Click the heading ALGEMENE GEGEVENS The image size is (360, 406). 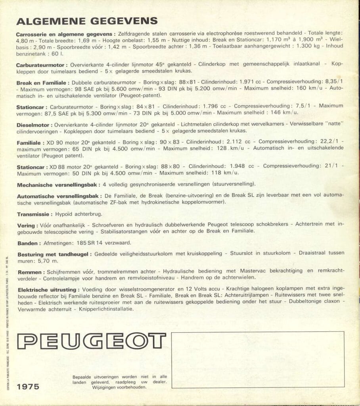[x=87, y=21]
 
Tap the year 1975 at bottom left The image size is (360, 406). [x=28, y=387]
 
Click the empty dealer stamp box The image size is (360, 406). [x=258, y=359]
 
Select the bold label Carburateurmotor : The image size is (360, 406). [x=42, y=65]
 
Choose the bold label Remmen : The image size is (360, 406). [x=31, y=272]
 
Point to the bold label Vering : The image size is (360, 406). [x=27, y=225]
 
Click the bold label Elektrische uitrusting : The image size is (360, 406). [x=48, y=290]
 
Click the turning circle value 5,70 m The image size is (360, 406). [x=48, y=261]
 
